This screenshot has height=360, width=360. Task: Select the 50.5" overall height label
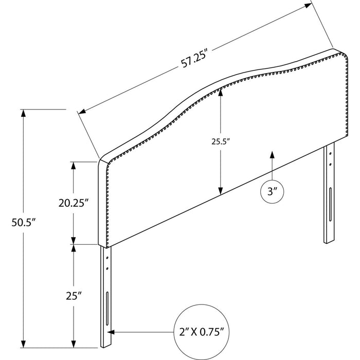[24, 222]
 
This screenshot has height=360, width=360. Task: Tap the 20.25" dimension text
[74, 203]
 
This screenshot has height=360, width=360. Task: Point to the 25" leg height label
[74, 296]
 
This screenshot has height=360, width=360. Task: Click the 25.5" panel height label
[221, 141]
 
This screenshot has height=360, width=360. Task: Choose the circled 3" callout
[272, 192]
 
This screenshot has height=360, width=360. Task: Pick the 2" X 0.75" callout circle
[202, 332]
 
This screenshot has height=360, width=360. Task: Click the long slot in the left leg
[107, 309]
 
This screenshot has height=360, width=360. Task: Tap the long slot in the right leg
[330, 204]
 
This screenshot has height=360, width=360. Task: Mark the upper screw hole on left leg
[107, 258]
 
